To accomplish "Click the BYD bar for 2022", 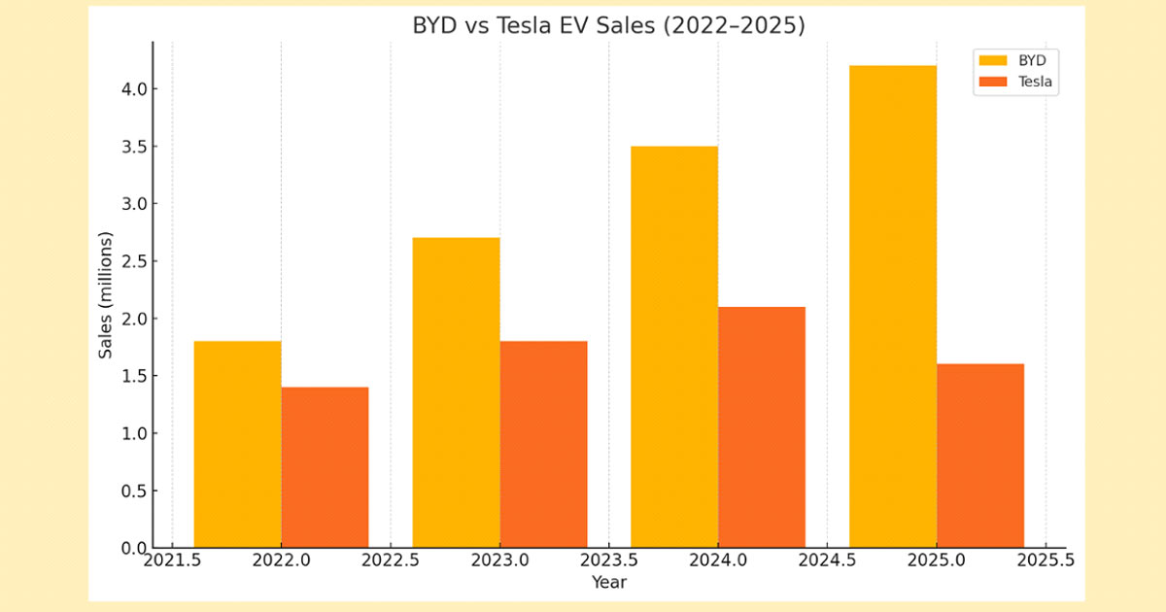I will coord(238,444).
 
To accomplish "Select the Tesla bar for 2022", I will coord(326,467).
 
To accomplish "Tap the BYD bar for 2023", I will coord(457,392).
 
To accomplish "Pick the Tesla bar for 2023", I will coord(544,444).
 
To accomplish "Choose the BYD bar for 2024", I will coord(674,347).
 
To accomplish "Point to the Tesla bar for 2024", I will coord(762,427).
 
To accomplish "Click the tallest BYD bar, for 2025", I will coord(893,307).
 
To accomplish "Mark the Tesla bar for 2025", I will coord(980,456).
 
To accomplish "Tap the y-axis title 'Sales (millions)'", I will coord(106,295).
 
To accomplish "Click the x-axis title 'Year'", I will coord(609,582).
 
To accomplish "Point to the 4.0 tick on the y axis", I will coord(133,89).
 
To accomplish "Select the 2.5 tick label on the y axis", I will coord(133,261).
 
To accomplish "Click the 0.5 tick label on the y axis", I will coord(133,492).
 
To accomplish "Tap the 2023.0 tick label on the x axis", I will coord(500,561).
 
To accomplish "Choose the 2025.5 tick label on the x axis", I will coord(1046,561).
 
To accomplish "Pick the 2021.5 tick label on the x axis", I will coord(173,561).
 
